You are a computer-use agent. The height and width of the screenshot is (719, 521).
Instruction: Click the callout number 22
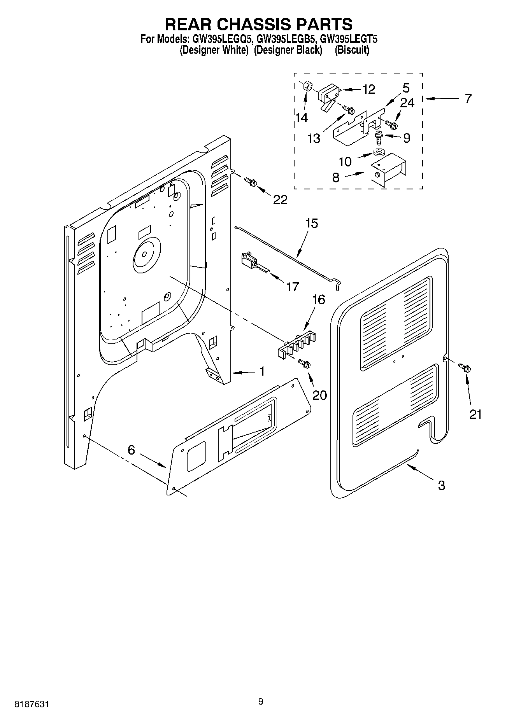tap(280, 199)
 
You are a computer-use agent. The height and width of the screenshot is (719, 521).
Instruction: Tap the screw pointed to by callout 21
tap(464, 367)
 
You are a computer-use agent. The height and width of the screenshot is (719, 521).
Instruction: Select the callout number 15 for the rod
tap(311, 223)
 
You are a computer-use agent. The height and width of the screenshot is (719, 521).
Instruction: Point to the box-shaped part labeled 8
tap(387, 171)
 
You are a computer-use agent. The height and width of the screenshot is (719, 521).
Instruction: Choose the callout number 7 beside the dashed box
tap(468, 98)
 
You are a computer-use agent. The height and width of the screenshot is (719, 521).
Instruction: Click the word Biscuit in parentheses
tap(352, 50)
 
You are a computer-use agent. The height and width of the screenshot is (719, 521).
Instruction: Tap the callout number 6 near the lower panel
tap(131, 450)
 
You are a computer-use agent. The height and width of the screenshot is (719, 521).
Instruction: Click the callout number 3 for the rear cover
tap(441, 485)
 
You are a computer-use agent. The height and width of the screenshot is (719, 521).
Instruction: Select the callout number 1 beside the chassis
tap(262, 371)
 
